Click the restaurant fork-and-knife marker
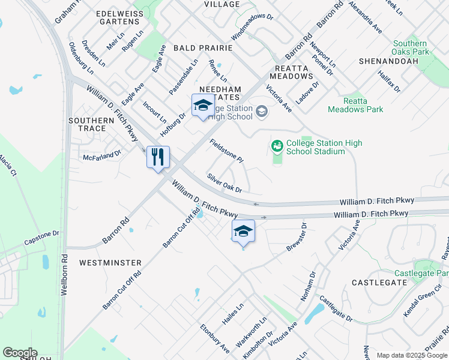coord(158,157)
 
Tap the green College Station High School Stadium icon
coord(277,146)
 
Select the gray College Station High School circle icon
coord(261,111)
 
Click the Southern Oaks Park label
coord(410,47)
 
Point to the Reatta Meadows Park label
coord(355,105)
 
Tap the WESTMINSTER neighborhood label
coord(110,263)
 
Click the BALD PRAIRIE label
coord(199,47)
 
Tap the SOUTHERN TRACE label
coord(91,124)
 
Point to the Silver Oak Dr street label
coord(224,184)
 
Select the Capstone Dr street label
coord(43,238)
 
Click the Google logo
coord(19,353)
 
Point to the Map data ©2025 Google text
coord(411,355)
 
